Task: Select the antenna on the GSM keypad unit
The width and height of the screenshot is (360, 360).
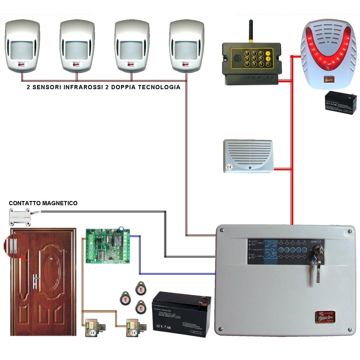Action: tap(251, 31)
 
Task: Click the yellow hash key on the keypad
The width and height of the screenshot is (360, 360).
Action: tap(268, 59)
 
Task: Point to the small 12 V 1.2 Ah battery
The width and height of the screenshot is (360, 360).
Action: tap(340, 103)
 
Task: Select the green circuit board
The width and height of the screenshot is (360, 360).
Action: tap(108, 246)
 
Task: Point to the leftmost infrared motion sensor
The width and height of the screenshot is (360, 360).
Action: tap(22, 46)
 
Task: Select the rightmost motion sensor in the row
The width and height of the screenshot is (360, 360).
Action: tap(187, 46)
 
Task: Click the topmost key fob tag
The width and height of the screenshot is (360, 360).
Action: tap(141, 288)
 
